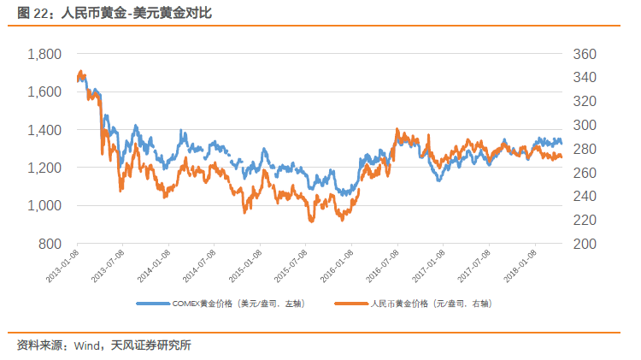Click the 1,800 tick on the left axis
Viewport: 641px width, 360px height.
point(44,54)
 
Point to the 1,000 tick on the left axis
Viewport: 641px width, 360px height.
point(44,206)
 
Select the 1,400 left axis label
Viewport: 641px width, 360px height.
point(44,130)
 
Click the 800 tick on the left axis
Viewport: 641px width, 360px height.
point(50,244)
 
